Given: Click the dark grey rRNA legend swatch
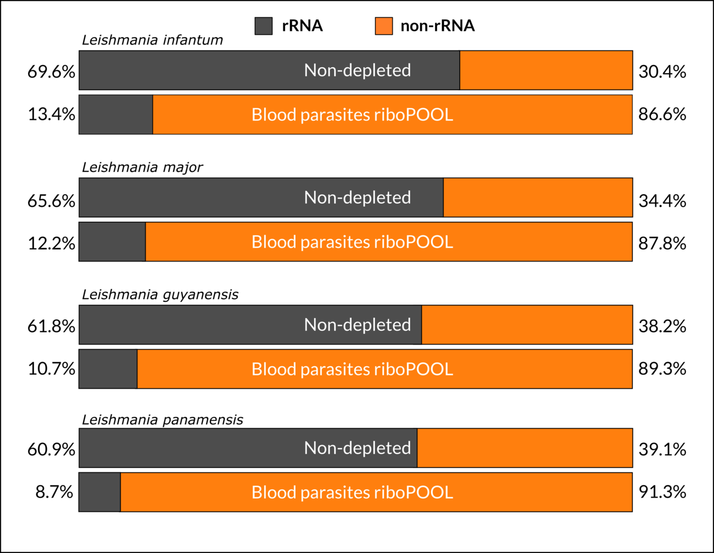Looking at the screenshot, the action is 263,26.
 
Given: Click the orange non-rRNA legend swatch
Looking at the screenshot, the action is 384,26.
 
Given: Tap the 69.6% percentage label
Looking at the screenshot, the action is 51,71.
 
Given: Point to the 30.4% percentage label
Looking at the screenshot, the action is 662,71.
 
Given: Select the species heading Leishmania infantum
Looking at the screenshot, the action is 153,40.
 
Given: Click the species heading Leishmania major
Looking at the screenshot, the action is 142,168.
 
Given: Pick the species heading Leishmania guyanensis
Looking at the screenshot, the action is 160,295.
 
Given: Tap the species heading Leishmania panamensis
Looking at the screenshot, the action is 162,420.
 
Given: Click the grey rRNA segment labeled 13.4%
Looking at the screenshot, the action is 116,115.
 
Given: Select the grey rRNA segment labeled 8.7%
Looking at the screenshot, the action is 100,492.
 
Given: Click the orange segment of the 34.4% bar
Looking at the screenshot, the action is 538,198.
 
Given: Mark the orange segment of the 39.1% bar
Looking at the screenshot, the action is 525,448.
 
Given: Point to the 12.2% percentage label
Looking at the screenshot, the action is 51,244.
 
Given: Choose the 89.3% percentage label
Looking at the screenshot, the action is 662,368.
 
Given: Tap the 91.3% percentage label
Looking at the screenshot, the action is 662,492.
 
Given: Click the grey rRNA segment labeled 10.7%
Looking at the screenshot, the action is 108,369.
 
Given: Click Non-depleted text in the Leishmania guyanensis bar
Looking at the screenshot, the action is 358,325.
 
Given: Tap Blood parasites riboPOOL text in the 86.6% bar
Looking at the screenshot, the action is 352,115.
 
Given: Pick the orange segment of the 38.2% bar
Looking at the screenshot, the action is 527,325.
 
